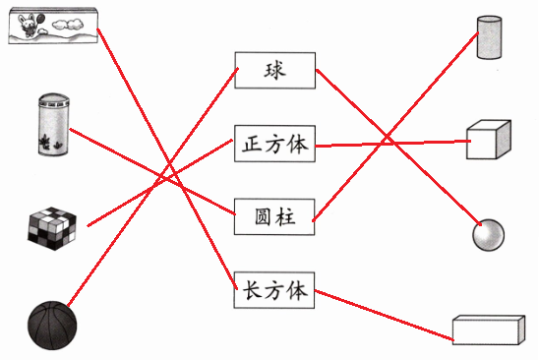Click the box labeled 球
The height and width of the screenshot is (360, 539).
pos(275,71)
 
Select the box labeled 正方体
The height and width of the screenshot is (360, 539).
pos(274,144)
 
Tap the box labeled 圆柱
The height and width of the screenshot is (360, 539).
pos(274,216)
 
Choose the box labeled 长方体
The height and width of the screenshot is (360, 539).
pos(274,290)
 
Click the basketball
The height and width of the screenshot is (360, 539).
pos(52,326)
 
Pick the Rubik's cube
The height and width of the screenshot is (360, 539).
pos(52,228)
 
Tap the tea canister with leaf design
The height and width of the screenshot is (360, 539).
pos(54,124)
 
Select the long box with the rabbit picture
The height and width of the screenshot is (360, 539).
pos(53,27)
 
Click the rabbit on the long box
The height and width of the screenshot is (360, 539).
pos(28,25)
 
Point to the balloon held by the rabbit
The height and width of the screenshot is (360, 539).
pos(40,17)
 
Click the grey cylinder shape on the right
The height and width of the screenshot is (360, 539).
pos(489,37)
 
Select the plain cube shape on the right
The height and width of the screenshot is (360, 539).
pos(489,140)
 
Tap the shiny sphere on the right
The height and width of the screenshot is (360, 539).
pos(489,235)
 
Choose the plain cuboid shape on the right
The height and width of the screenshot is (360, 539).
pos(489,330)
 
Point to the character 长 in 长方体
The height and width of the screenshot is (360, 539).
pos(252,290)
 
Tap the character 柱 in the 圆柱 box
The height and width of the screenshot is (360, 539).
pos(285,217)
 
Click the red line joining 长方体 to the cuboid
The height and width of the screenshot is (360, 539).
pos(384,316)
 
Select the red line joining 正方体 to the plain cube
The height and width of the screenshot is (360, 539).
pos(392,144)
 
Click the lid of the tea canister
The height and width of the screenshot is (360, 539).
pos(54,99)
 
